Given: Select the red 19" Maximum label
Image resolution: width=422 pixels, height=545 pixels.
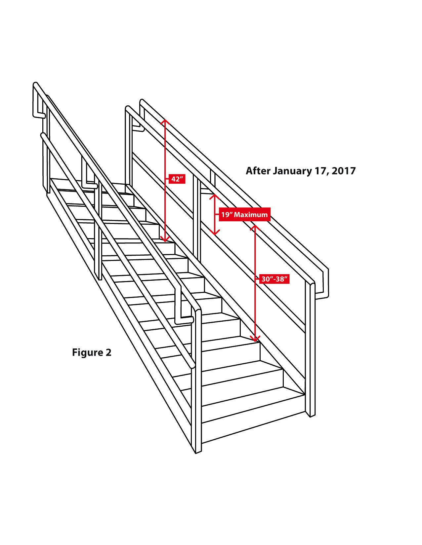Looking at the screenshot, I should pyautogui.click(x=244, y=215).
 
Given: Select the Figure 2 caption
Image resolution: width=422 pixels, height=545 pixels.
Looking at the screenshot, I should pyautogui.click(x=92, y=352).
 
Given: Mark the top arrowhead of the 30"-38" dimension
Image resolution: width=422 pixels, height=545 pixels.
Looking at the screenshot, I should pyautogui.click(x=255, y=227).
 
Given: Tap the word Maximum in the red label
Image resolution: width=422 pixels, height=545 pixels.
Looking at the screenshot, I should pyautogui.click(x=251, y=215).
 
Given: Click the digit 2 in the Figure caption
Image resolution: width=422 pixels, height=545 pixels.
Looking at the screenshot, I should pyautogui.click(x=108, y=352).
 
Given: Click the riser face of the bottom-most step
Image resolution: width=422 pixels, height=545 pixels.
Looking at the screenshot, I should pyautogui.click(x=251, y=426).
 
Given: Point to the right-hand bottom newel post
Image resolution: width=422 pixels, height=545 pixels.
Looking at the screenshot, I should pyautogui.click(x=312, y=350).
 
